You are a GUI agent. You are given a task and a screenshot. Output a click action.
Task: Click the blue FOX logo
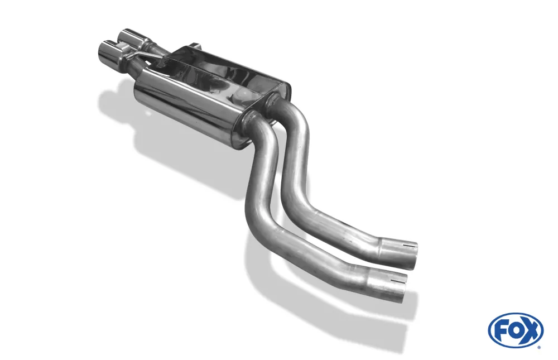[516, 330]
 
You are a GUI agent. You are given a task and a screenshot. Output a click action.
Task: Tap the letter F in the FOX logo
[501, 331]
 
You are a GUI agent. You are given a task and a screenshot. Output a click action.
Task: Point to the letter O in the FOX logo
[515, 331]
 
